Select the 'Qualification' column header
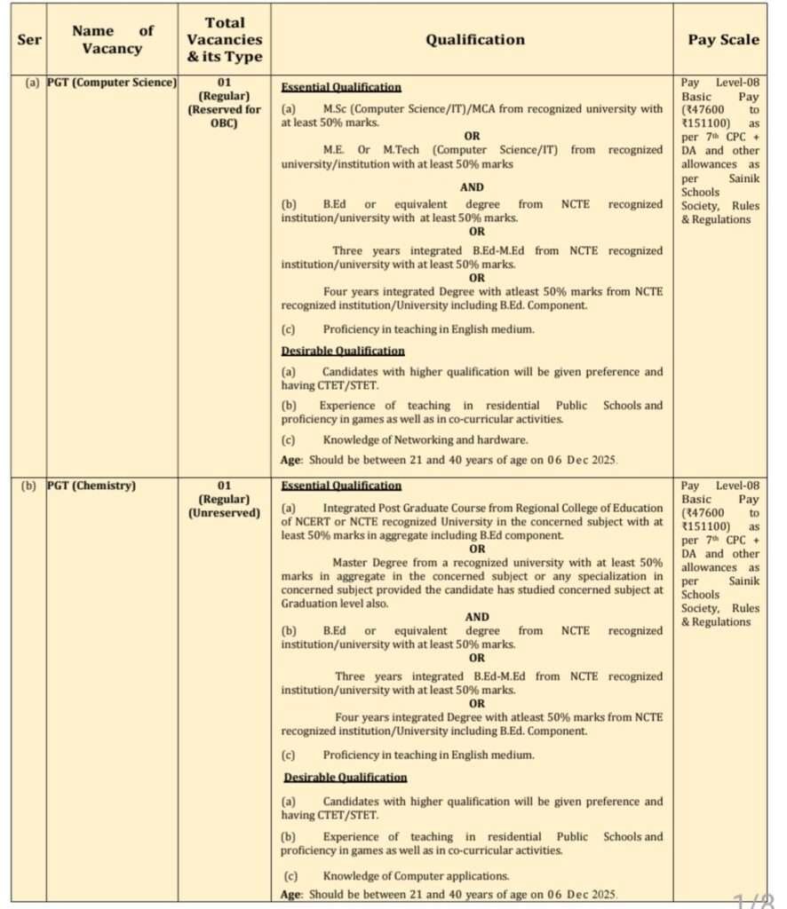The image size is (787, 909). (474, 40)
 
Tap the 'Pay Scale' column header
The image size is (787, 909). (723, 40)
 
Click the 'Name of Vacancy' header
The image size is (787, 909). (113, 40)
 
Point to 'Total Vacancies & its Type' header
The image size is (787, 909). (224, 40)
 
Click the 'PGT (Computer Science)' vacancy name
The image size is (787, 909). (112, 83)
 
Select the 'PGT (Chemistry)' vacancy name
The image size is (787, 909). (91, 486)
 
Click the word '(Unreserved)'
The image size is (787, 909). (224, 512)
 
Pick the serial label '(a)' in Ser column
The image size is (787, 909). (32, 83)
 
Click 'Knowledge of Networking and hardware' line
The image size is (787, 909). (425, 439)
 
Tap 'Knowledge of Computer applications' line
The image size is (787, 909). (416, 876)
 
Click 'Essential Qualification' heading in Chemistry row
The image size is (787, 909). (341, 486)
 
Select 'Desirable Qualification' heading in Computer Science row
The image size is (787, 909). (342, 351)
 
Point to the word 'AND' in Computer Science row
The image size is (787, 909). (472, 187)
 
